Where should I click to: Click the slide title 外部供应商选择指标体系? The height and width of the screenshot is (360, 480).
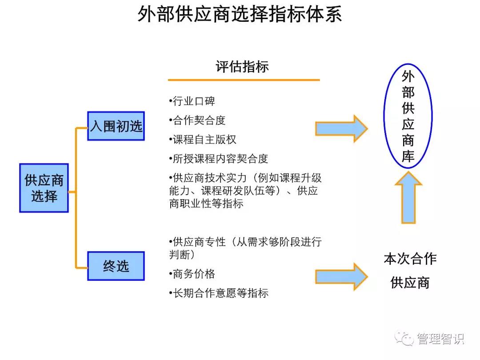pos(240,14)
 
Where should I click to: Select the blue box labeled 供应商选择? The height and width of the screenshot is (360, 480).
pos(44,188)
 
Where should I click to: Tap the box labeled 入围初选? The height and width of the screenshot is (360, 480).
pos(116,126)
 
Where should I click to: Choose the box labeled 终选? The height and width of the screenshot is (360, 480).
pos(116,266)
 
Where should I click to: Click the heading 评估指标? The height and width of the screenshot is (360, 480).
pos(242,67)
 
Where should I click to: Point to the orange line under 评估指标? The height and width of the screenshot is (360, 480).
pos(244,80)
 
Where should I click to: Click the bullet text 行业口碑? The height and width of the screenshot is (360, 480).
pos(192,101)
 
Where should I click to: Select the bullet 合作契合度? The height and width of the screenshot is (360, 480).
pos(198,120)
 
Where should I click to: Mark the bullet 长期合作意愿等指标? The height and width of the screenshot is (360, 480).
pos(219,293)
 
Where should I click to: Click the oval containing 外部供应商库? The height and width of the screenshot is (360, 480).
pos(408,116)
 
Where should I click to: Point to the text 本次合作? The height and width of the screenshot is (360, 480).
pos(410,259)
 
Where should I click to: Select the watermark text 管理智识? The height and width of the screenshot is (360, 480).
pos(440,339)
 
